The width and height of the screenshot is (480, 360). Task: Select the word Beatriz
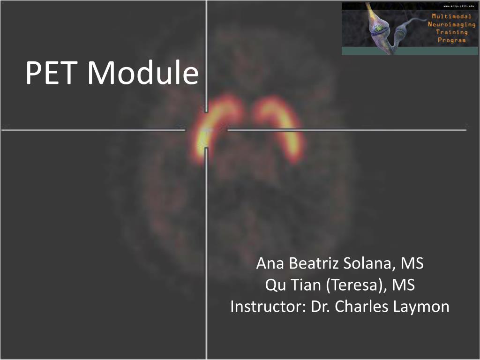(314, 263)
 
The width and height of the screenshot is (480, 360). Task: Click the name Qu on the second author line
(273, 285)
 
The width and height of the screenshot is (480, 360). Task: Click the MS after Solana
(412, 263)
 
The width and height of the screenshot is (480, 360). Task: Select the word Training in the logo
(451, 32)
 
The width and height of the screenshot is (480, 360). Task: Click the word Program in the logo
(451, 40)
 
